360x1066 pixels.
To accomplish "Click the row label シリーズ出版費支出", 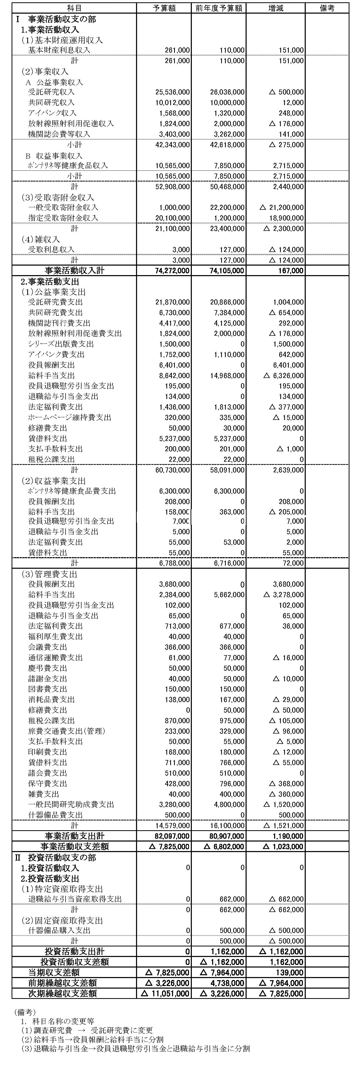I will click(61, 344).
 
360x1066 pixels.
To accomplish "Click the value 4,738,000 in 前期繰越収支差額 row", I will click(228, 983).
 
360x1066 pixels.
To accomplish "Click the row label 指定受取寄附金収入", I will click(63, 218).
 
